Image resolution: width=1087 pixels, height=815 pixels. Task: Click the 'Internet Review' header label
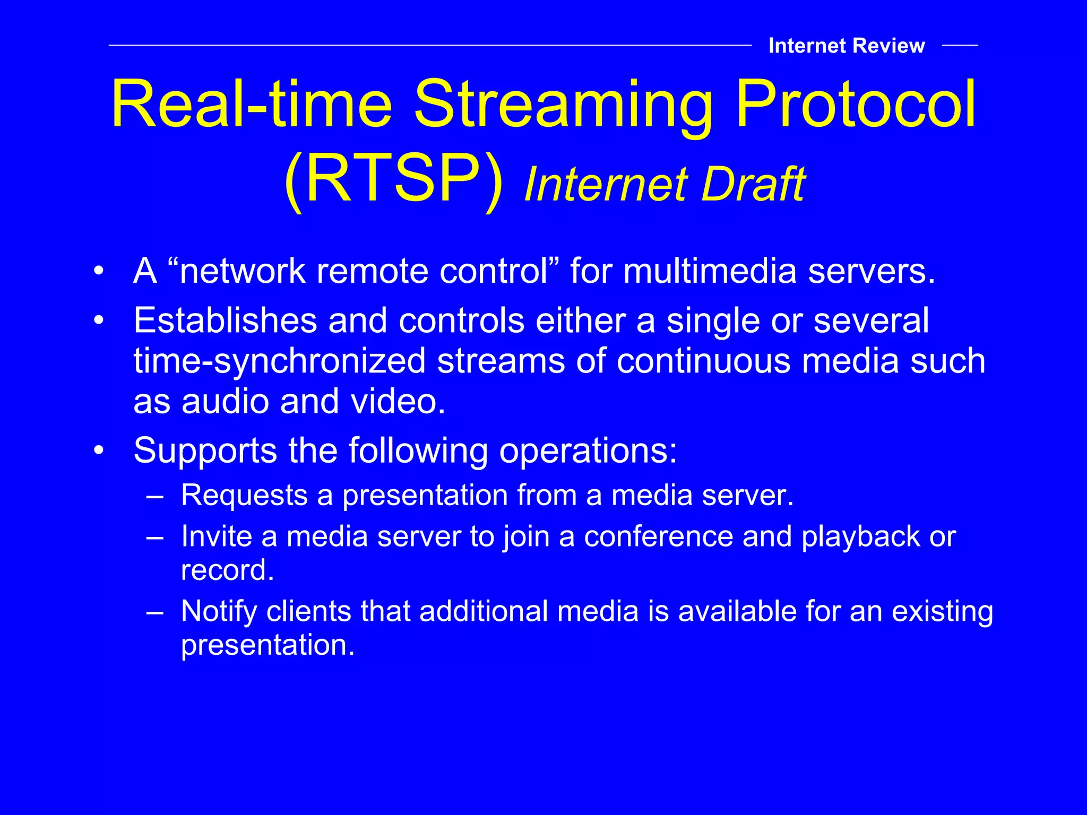tap(846, 46)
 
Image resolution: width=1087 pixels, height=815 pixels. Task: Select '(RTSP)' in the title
tap(393, 179)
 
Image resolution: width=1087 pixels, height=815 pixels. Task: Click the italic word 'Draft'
tap(753, 184)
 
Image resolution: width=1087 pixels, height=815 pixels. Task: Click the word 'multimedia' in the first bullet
tap(710, 271)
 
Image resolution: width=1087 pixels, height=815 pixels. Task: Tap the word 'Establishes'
tap(226, 320)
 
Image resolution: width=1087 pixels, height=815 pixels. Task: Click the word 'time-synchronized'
tap(279, 361)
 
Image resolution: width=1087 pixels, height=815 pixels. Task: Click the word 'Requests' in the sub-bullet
tap(244, 495)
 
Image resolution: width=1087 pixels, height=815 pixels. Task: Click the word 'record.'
tap(227, 570)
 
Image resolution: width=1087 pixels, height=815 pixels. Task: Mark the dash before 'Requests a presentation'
tap(154, 496)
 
